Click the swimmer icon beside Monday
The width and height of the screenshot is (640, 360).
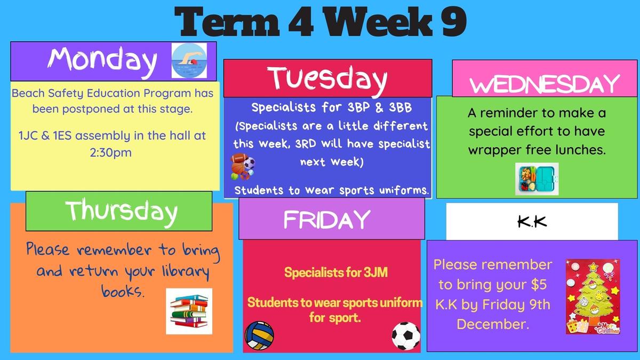pos(189,61)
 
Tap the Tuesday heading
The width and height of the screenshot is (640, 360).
pos(327,78)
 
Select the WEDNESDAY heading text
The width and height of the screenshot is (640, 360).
pos(545,84)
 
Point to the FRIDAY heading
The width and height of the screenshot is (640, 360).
pos(327,219)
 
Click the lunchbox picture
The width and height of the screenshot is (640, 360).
pos(537,179)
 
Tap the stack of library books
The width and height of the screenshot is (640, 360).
pos(189,311)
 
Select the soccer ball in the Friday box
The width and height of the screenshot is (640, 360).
pos(406,336)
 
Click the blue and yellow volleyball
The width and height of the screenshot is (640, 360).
pos(259,335)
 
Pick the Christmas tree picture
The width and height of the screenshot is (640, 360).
pos(593,297)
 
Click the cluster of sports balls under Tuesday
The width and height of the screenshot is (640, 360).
pos(243,167)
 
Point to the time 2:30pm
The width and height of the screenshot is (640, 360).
pos(111,153)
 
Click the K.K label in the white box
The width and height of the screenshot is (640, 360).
pos(532,222)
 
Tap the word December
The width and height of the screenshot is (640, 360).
pos(493,324)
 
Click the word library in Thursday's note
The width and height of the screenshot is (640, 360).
pos(186,271)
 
